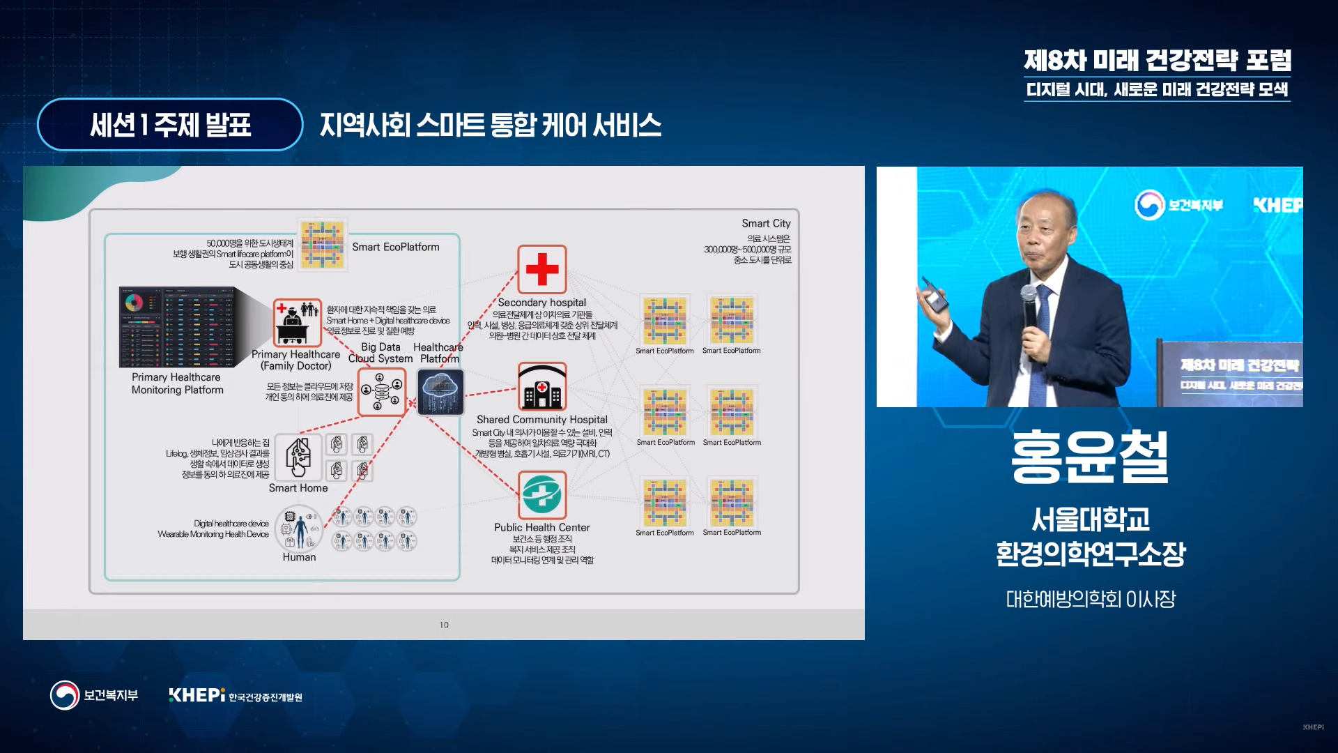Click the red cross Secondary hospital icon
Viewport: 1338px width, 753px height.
point(541,269)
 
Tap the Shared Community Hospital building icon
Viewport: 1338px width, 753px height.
point(541,387)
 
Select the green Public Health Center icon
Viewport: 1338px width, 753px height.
point(541,494)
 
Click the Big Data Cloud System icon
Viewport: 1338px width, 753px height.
point(381,392)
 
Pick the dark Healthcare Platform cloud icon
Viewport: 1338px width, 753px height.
point(440,392)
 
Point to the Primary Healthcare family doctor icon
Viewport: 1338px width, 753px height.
point(297,323)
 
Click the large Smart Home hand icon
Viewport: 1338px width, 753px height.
point(298,457)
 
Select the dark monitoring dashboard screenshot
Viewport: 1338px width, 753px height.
point(178,327)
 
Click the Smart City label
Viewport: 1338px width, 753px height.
point(766,223)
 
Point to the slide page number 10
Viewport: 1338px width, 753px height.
point(444,625)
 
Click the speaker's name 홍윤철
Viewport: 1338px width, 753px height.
point(1090,457)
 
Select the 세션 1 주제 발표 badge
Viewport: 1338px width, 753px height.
point(170,125)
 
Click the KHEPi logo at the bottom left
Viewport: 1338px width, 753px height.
point(197,695)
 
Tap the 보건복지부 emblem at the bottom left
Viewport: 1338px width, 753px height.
point(65,695)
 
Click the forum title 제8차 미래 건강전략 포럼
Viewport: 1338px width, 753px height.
point(1157,61)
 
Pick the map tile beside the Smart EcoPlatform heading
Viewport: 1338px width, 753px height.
point(322,244)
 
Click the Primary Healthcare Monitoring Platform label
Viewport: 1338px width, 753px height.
point(178,383)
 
